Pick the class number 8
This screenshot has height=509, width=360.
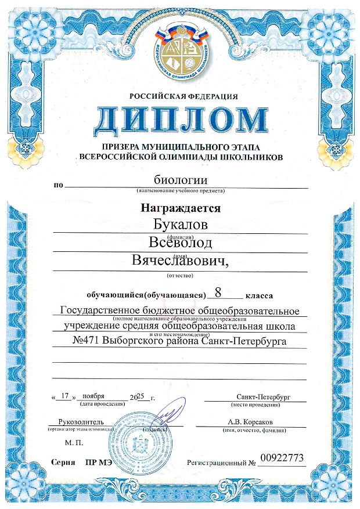point(218,292)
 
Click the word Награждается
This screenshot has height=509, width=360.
point(180,207)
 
